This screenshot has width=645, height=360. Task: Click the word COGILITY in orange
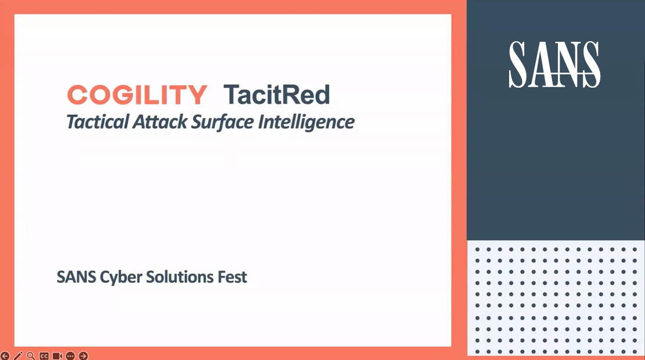(137, 95)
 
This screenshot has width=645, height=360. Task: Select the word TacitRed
(277, 95)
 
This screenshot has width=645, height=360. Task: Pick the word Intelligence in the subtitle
(306, 123)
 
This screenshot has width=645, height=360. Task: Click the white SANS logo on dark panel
(554, 64)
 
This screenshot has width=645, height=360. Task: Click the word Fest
(233, 277)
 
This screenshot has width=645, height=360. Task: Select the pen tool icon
(18, 355)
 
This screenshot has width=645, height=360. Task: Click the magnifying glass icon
(31, 355)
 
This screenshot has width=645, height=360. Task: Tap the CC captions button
(44, 355)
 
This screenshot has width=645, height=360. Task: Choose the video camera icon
(57, 355)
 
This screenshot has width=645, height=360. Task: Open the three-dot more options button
(70, 355)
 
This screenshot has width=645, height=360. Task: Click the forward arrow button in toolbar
(84, 355)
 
